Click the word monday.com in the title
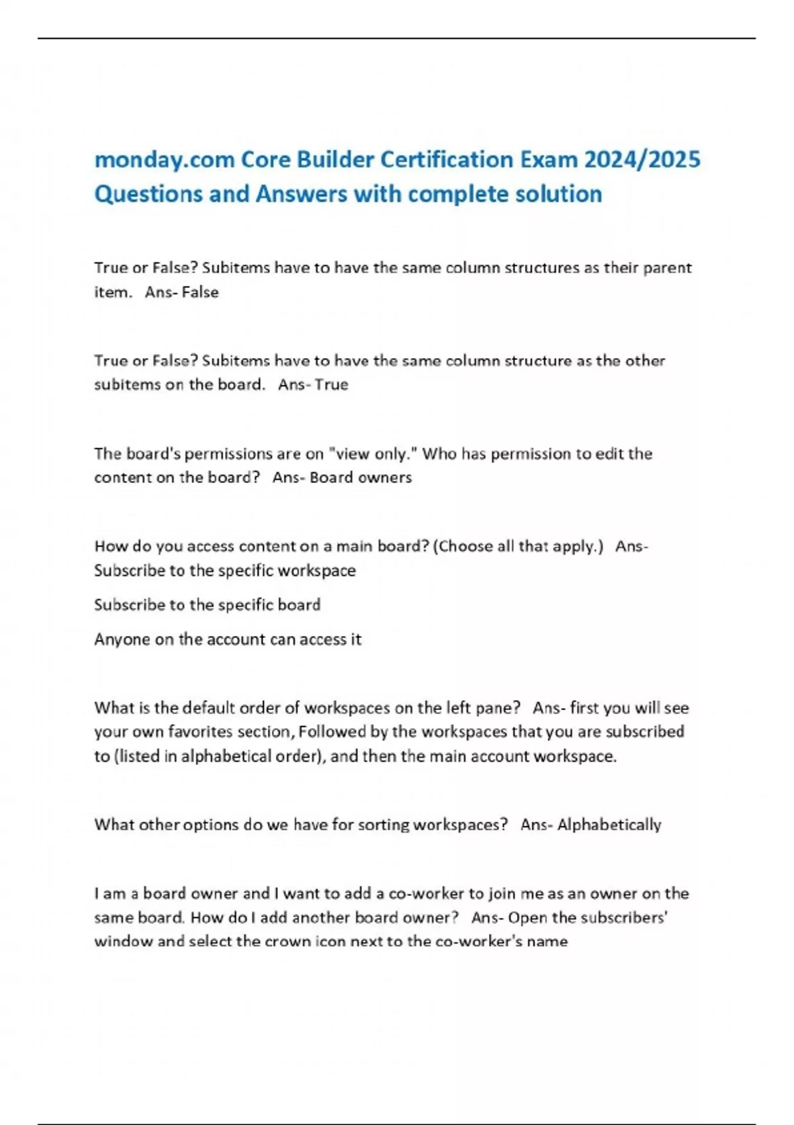pyautogui.click(x=164, y=160)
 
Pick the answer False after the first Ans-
pyautogui.click(x=200, y=292)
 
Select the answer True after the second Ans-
pyautogui.click(x=331, y=384)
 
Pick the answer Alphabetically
pyautogui.click(x=609, y=825)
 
